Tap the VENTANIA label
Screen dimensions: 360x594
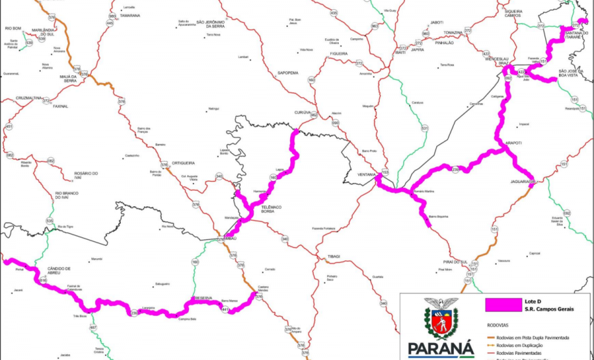click(x=368, y=174)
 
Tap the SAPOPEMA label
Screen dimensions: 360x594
click(x=288, y=73)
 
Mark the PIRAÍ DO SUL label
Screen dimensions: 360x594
click(x=452, y=261)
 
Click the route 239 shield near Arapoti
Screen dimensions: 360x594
click(x=456, y=169)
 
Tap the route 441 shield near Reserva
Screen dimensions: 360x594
click(x=225, y=309)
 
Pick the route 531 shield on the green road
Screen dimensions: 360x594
click(x=425, y=128)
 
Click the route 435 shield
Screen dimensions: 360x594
click(x=334, y=13)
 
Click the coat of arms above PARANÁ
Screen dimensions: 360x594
click(x=439, y=318)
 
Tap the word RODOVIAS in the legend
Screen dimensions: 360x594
click(x=497, y=326)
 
